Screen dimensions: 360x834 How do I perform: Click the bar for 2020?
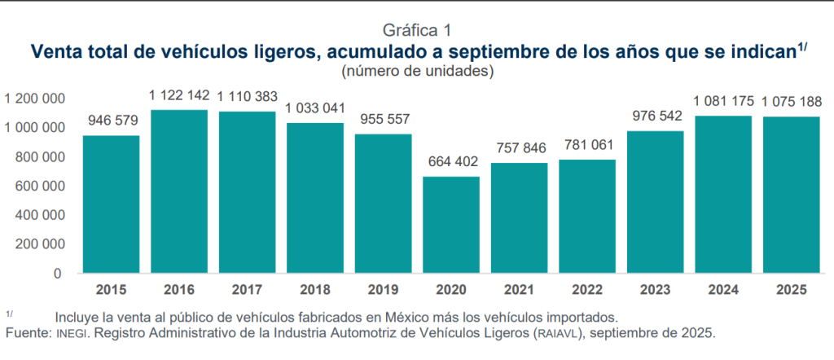(450, 225)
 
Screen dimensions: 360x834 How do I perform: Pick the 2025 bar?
(791, 195)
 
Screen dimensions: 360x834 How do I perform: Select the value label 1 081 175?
(723, 102)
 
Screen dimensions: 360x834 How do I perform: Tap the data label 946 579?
(111, 121)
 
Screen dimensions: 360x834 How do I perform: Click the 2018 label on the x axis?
(314, 289)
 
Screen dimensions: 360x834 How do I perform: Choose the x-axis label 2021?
(519, 289)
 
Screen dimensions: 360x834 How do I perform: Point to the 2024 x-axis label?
(723, 289)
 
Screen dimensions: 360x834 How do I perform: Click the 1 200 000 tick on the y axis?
(35, 99)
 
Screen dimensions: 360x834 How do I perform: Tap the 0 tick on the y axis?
(58, 274)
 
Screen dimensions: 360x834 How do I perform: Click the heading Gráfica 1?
(416, 32)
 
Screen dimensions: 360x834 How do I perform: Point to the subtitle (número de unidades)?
(416, 72)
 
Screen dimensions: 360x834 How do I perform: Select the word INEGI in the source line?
(69, 334)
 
